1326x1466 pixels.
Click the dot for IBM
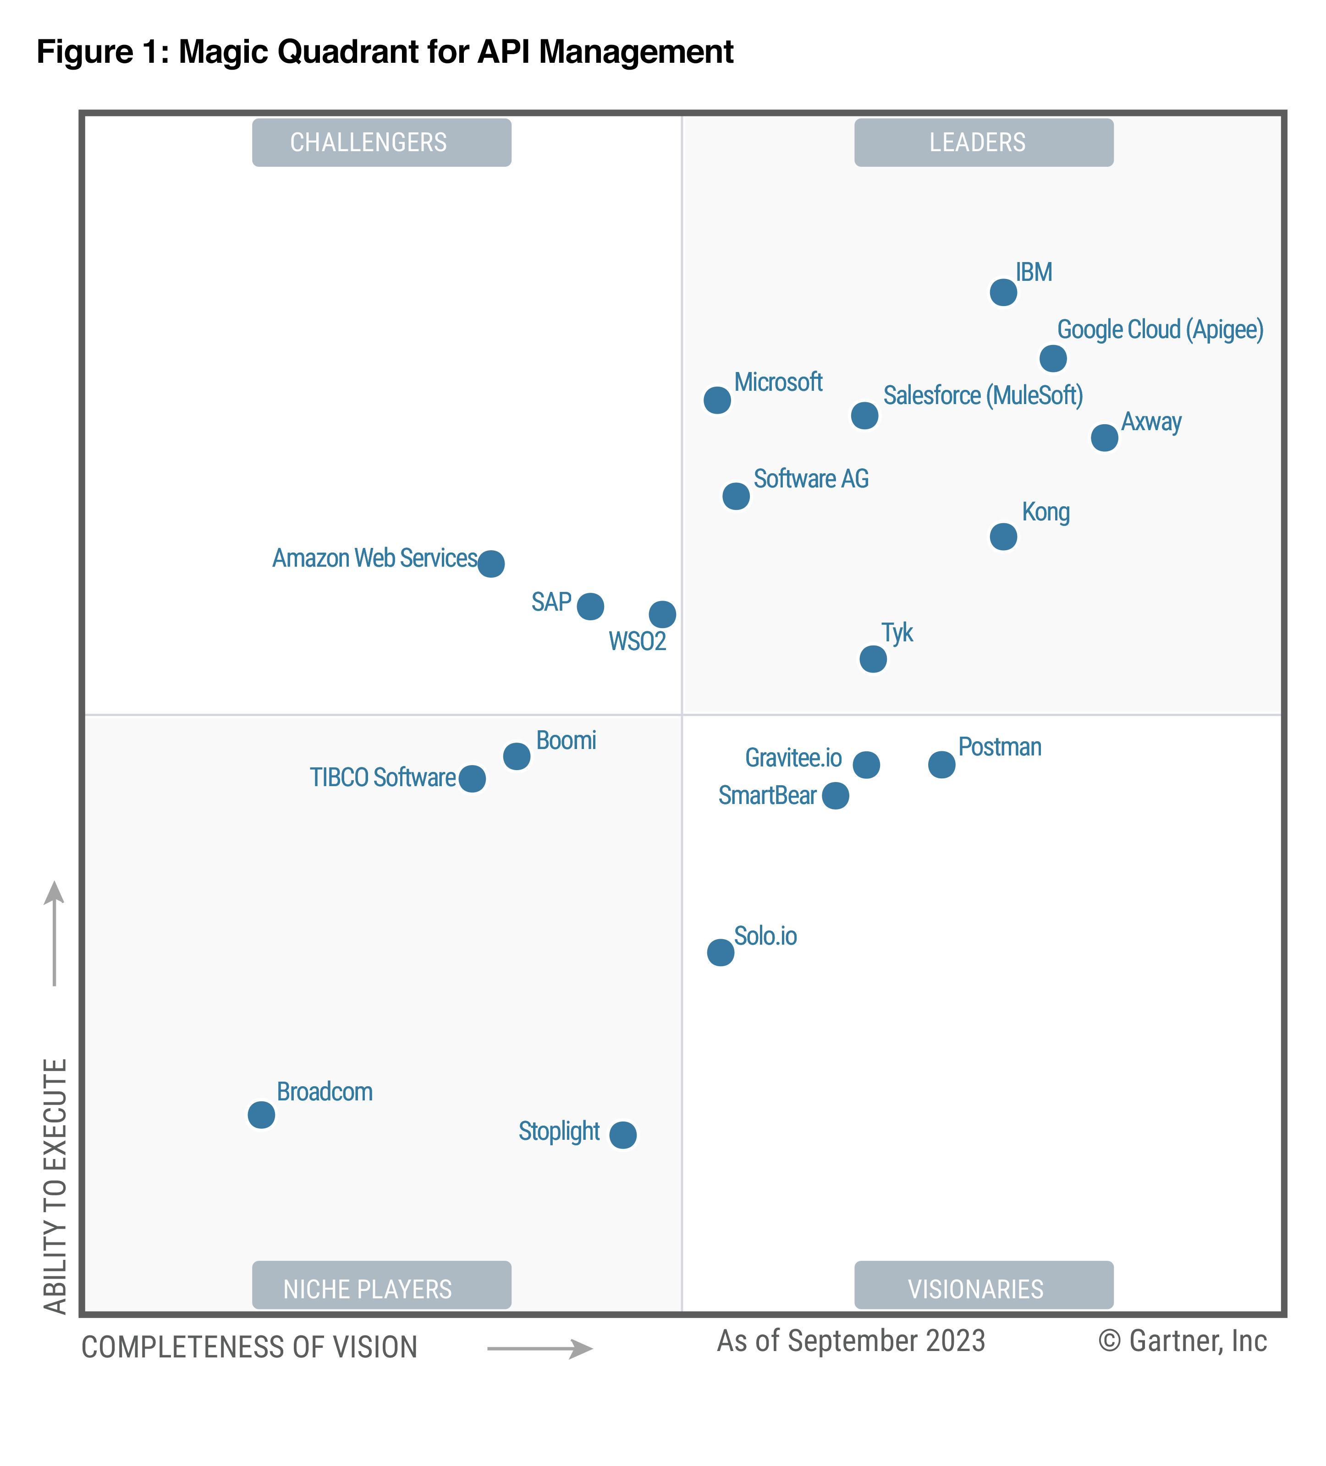[1003, 292]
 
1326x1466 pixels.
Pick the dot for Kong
[1003, 536]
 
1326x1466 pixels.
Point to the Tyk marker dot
[873, 659]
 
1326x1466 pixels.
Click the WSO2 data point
[662, 614]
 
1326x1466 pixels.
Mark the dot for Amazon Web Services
[491, 563]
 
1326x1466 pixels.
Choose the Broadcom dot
[261, 1114]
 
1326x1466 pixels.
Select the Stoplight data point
[622, 1134]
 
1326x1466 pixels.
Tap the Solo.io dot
[720, 952]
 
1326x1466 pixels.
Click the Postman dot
[941, 764]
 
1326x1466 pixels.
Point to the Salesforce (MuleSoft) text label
[983, 395]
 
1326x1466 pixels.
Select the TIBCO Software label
[383, 777]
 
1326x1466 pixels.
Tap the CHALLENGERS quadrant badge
[381, 142]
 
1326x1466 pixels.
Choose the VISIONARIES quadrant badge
[984, 1289]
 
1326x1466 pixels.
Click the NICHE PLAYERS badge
[381, 1289]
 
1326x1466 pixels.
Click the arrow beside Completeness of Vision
[540, 1349]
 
